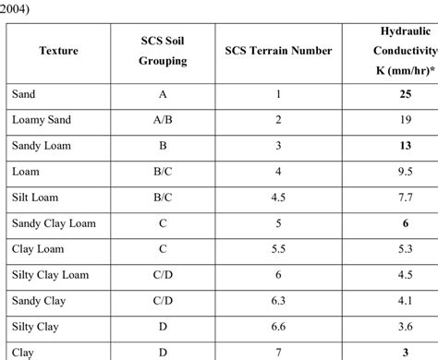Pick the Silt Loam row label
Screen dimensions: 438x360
coord(38,197)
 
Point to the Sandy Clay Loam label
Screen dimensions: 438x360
coord(54,222)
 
